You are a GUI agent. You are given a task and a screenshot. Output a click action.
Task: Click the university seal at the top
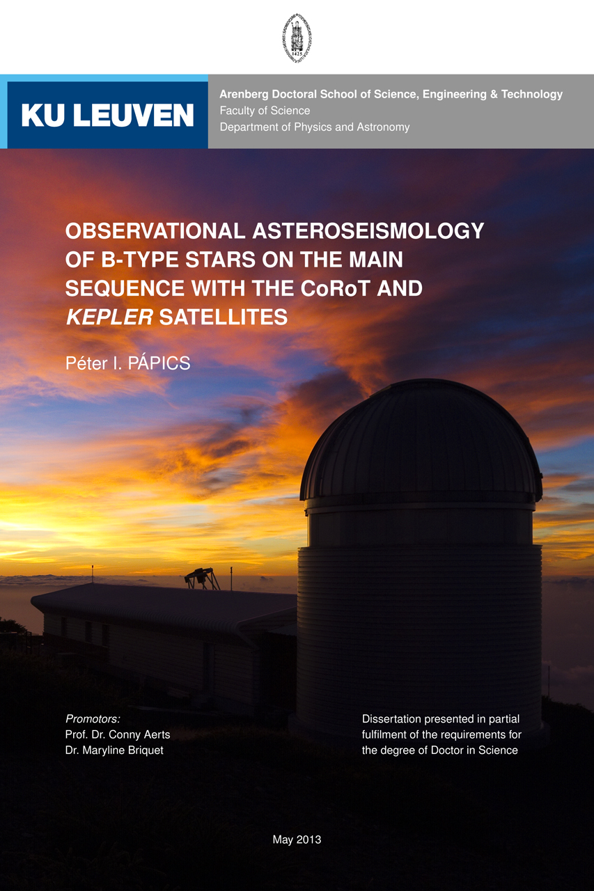click(x=297, y=38)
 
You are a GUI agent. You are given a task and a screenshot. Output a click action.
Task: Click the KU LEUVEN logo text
click(x=107, y=116)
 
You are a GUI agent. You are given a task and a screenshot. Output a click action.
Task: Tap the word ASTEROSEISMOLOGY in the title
click(x=368, y=230)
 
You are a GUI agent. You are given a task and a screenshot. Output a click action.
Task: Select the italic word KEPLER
click(x=109, y=317)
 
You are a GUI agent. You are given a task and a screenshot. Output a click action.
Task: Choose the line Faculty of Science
click(x=265, y=111)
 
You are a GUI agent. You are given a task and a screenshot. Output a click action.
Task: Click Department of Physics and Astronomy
click(x=314, y=127)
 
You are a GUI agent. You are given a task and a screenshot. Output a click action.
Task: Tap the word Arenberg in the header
click(x=244, y=94)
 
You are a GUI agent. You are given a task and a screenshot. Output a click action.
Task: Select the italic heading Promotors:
click(x=93, y=719)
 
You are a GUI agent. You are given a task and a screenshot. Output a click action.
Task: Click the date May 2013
click(x=297, y=839)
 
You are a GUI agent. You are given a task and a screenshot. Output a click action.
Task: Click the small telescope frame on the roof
click(x=202, y=578)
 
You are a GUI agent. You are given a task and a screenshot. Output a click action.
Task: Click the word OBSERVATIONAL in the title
click(x=155, y=230)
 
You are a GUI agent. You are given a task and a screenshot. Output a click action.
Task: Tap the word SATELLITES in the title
click(x=224, y=317)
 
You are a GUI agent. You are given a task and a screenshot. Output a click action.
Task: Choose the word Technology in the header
click(x=532, y=94)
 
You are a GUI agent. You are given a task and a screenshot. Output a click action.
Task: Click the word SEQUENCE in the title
click(x=125, y=288)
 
